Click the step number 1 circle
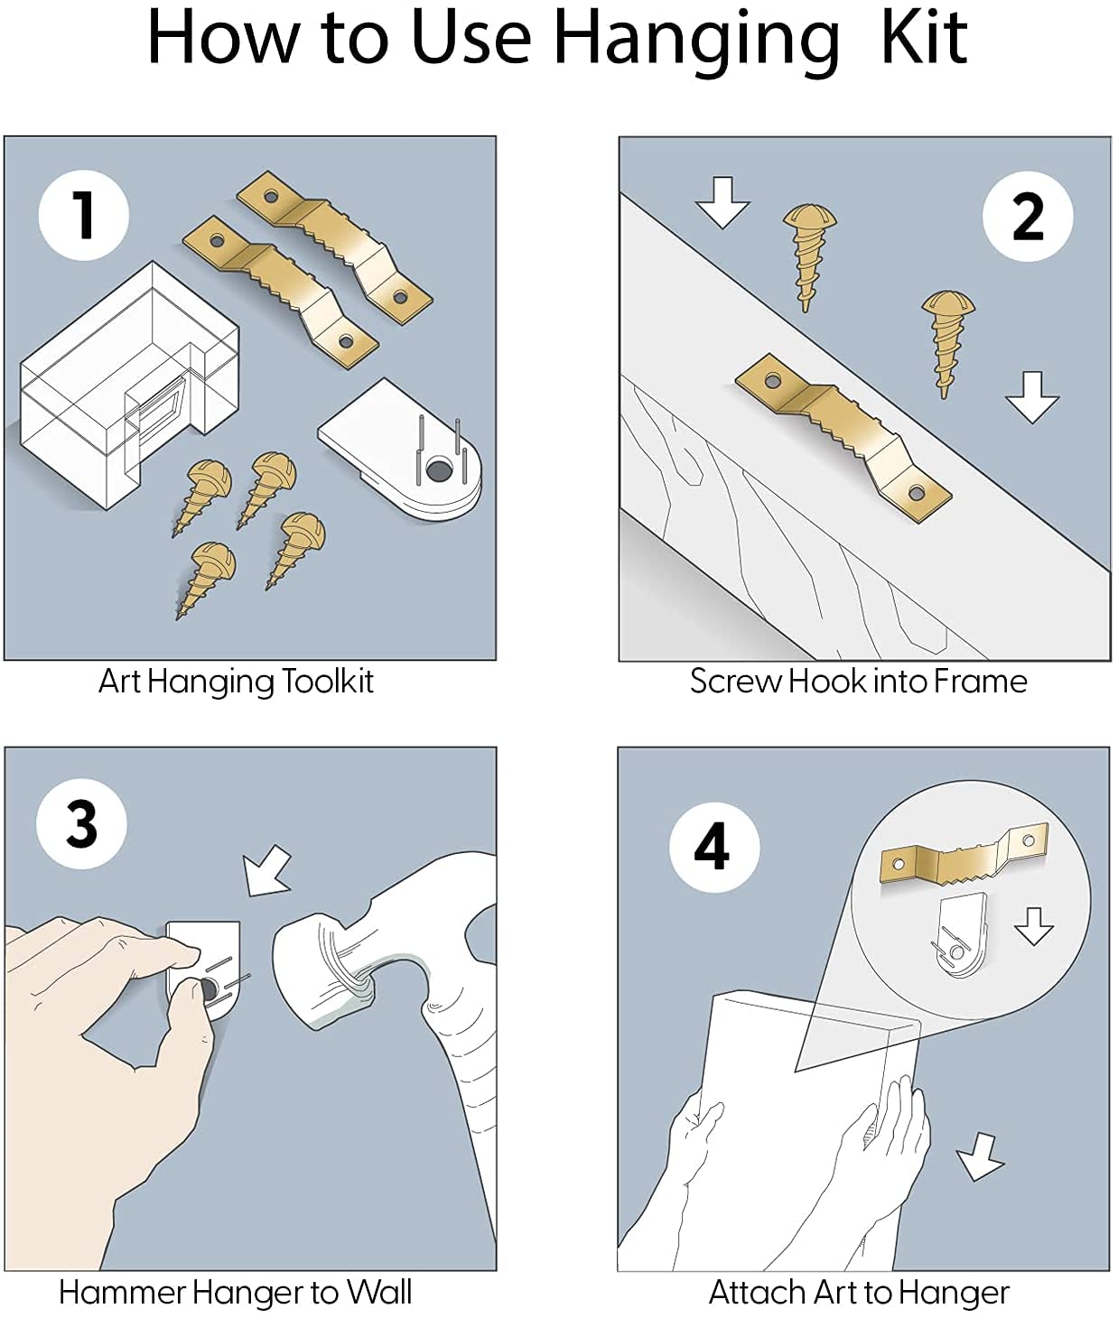coord(83,215)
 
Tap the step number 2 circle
coord(1028,216)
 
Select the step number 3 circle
coord(81,823)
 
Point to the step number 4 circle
coord(713,847)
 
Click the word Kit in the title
coord(923,38)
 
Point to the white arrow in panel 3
coord(268,871)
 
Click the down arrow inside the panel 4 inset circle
coord(1033,927)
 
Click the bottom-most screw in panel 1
coord(208,578)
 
